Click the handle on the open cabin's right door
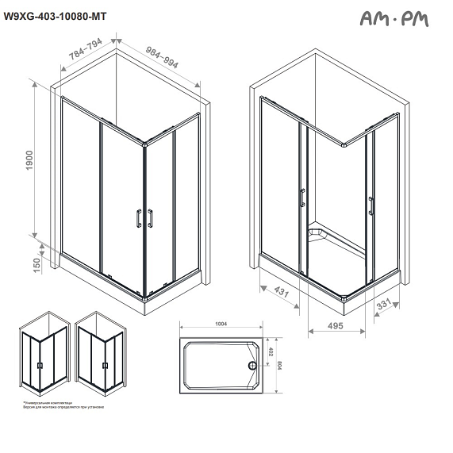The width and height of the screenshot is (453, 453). [x=370, y=205]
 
